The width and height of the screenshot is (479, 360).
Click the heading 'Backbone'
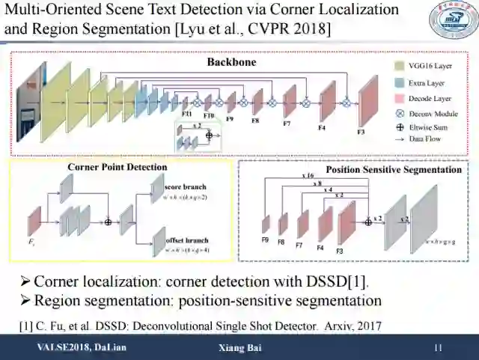point(231,62)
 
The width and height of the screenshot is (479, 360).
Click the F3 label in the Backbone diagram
point(360,132)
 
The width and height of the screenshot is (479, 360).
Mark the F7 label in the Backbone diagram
point(287,123)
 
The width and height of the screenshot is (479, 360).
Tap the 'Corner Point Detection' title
point(118,167)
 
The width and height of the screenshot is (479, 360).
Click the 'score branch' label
point(184,186)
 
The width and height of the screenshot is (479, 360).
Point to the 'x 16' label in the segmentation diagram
point(307,175)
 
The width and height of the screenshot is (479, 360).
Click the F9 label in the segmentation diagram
point(266,240)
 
